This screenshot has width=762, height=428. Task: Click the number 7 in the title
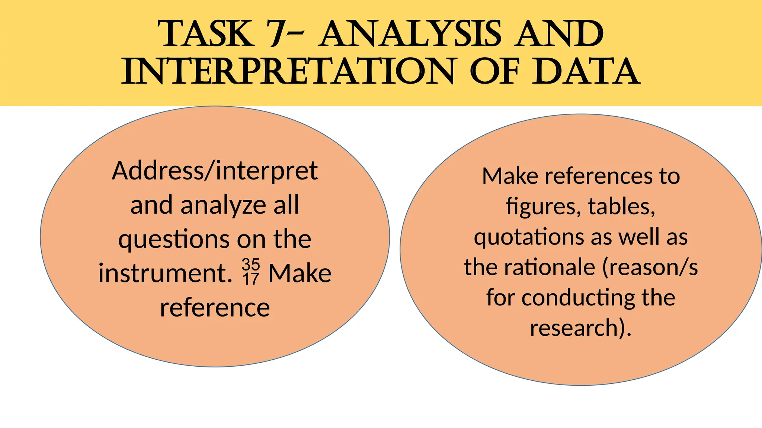(279, 34)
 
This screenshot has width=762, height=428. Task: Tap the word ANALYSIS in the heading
(410, 34)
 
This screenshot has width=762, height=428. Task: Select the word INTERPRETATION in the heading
(289, 71)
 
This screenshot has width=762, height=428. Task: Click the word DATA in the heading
(586, 71)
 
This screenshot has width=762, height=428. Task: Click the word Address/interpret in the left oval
(215, 171)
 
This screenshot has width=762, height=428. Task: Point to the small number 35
(251, 265)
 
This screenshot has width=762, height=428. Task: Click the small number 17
(251, 279)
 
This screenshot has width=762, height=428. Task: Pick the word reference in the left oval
(215, 308)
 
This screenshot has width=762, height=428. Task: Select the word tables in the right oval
(621, 207)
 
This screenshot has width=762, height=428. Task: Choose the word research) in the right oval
(580, 328)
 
